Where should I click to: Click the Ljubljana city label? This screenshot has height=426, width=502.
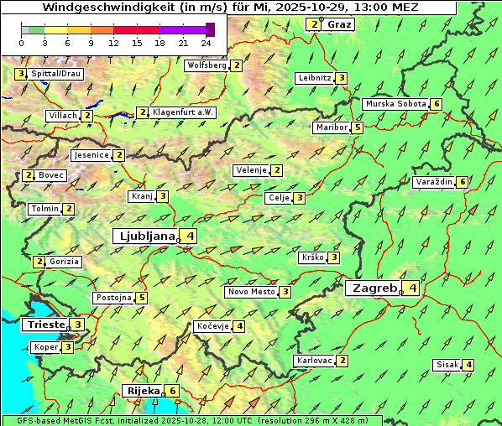click(145, 236)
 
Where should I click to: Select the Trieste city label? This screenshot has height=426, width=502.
click(44, 325)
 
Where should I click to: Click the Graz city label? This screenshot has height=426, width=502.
click(339, 24)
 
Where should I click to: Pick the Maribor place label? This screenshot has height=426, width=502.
click(332, 128)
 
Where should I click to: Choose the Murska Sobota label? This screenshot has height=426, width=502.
click(395, 104)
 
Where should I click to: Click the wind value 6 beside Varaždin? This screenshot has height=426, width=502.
click(463, 182)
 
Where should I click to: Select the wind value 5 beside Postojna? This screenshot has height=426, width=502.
click(142, 298)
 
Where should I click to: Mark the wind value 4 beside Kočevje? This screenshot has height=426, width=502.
click(239, 326)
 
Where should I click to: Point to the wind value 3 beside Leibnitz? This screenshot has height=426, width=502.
click(341, 78)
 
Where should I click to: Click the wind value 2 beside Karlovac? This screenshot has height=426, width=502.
click(343, 361)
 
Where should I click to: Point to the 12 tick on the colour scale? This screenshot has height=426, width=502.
click(113, 42)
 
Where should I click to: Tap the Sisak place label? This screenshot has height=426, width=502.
click(447, 365)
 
